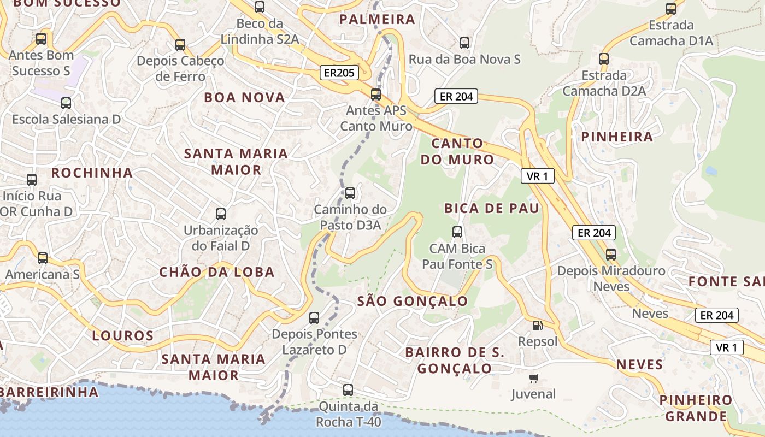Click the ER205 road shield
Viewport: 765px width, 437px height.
point(339,73)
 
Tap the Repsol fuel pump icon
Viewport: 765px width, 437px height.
point(538,326)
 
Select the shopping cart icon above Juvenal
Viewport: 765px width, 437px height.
point(534,378)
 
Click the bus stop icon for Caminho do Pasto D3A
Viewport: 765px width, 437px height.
point(350,193)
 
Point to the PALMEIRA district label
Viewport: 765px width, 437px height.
point(377,20)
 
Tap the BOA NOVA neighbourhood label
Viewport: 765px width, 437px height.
point(244,98)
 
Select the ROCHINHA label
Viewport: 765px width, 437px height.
point(92,173)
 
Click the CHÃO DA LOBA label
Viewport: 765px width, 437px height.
point(216,272)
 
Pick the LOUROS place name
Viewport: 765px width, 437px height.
point(122,335)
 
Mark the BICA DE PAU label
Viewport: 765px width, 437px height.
point(491,208)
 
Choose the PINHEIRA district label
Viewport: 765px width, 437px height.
point(617,137)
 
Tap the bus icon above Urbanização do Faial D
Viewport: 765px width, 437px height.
point(221,214)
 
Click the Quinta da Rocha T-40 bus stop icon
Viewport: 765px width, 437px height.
point(348,390)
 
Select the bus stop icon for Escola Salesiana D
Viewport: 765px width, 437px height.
point(66,103)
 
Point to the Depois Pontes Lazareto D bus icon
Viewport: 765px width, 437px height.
point(314,318)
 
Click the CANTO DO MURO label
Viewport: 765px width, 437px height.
point(462,152)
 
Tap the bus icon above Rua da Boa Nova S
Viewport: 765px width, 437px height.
point(464,43)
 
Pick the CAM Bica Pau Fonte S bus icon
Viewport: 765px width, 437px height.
point(457,232)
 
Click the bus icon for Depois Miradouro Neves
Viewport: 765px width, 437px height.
point(611,255)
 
